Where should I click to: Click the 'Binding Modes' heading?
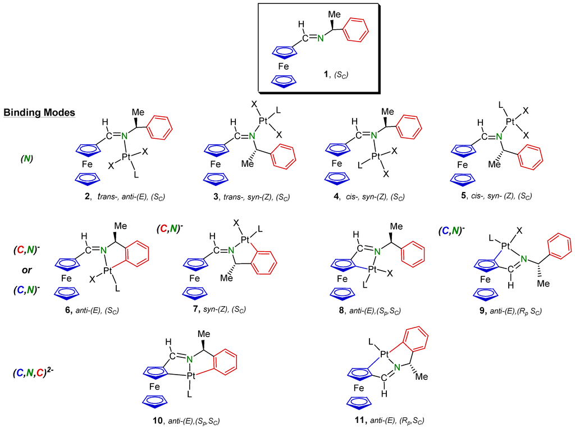coord(39,112)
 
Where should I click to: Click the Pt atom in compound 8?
coord(372,270)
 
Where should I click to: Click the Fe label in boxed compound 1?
coord(285,66)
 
